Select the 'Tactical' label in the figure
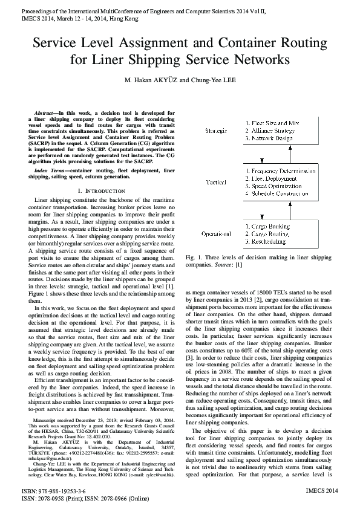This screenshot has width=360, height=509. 216,182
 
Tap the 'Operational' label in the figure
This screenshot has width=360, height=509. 216,233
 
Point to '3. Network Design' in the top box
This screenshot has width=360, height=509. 270,138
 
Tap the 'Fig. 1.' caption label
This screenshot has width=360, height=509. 195,258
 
